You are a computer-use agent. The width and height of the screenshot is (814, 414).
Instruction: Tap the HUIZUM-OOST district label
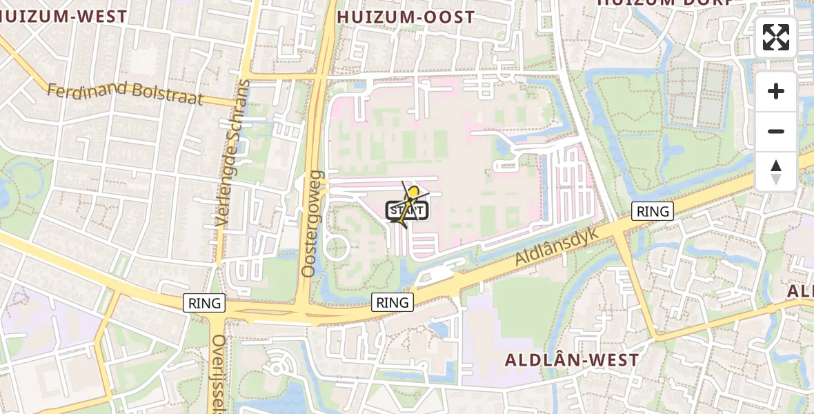pos(406,17)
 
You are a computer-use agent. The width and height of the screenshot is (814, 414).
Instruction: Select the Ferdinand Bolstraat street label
pos(126,93)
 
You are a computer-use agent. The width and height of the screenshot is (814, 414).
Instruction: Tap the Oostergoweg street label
pos(312,224)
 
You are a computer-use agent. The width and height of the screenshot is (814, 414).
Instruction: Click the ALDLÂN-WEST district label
pos(572,359)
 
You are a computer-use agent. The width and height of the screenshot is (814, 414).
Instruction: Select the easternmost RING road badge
pos(653,211)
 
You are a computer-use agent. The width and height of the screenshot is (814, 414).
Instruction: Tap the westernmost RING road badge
pos(205,302)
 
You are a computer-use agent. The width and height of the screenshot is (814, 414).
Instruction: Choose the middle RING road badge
pos(393,302)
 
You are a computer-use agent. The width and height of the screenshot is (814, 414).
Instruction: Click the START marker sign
pos(408,210)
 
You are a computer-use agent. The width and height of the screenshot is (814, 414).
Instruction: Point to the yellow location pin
pos(413,193)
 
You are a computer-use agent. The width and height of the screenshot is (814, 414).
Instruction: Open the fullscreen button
pos(776,37)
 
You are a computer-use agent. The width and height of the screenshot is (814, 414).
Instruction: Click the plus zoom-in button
pos(776,91)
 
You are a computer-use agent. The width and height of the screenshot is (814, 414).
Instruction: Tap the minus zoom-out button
pos(776,131)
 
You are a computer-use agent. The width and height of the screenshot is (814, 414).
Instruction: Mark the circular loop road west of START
pos(336,246)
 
